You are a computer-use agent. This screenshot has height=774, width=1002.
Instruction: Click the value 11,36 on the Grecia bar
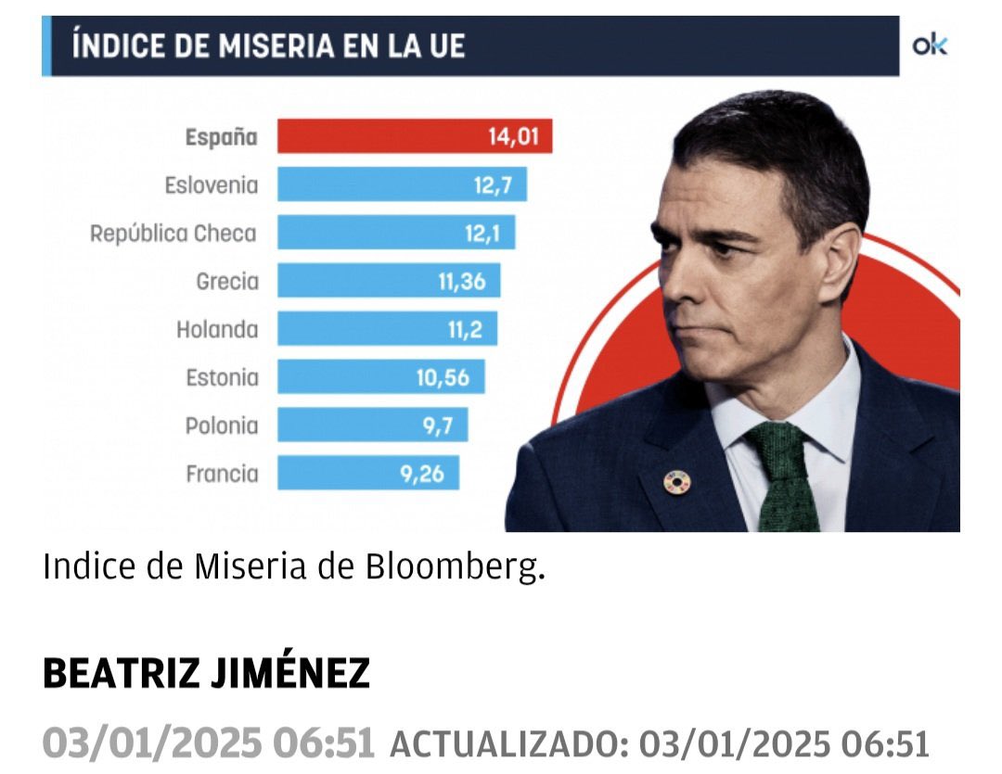(462, 281)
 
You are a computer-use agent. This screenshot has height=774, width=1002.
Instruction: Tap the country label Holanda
(217, 329)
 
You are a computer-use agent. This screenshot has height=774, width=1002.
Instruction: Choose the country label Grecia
(227, 281)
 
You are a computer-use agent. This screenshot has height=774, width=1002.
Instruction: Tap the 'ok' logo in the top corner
(930, 44)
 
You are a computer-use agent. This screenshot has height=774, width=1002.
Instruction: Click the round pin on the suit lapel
(677, 481)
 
